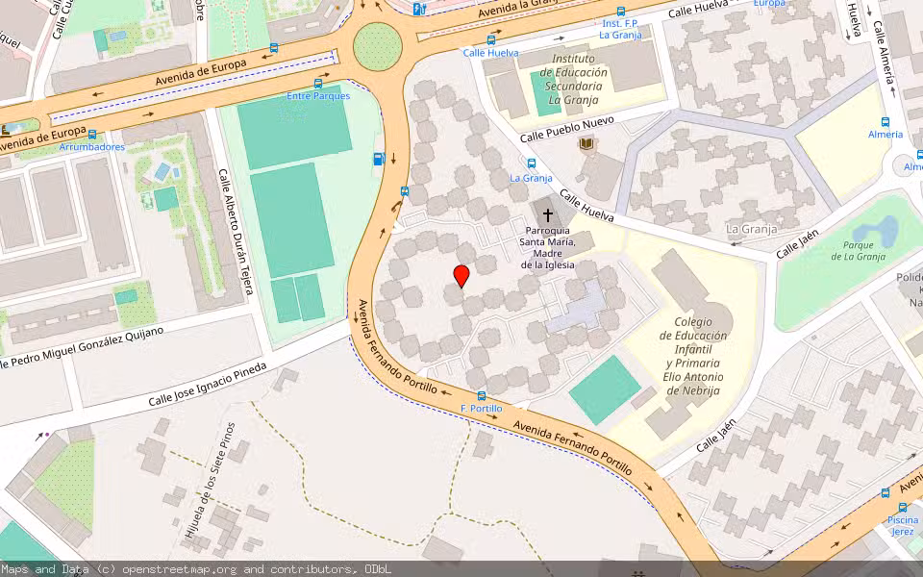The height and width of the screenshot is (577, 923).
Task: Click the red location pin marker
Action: [461, 276]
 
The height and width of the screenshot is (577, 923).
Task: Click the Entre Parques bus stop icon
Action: [318, 84]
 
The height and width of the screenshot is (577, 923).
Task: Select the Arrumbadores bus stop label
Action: [92, 147]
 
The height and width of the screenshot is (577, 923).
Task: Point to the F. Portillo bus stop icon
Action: [481, 396]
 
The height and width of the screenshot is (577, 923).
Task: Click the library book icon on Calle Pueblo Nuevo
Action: [586, 144]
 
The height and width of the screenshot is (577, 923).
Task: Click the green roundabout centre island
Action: [376, 44]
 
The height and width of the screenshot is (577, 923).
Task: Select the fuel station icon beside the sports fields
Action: [379, 159]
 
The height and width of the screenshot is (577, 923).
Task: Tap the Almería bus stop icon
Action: [886, 122]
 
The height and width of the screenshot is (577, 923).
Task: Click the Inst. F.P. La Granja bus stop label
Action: [620, 29]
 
